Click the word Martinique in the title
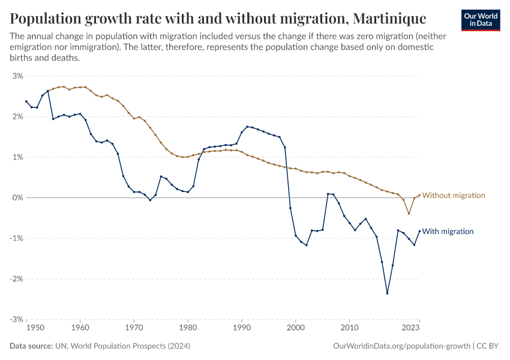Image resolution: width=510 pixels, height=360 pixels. click(371, 17)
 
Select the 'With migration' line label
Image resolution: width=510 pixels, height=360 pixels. click(449, 231)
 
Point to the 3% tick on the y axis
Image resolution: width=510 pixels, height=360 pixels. click(17, 76)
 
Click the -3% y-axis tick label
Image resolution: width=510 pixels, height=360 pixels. click(16, 319)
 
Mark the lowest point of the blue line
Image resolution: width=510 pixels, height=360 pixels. click(387, 293)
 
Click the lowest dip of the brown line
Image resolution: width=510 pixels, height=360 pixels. click(409, 214)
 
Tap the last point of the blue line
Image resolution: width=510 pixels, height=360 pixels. click(419, 231)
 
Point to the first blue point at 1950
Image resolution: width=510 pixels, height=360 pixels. click(26, 101)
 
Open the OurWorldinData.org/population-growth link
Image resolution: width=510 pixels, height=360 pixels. click(401, 346)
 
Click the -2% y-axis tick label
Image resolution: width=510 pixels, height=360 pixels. click(16, 278)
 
